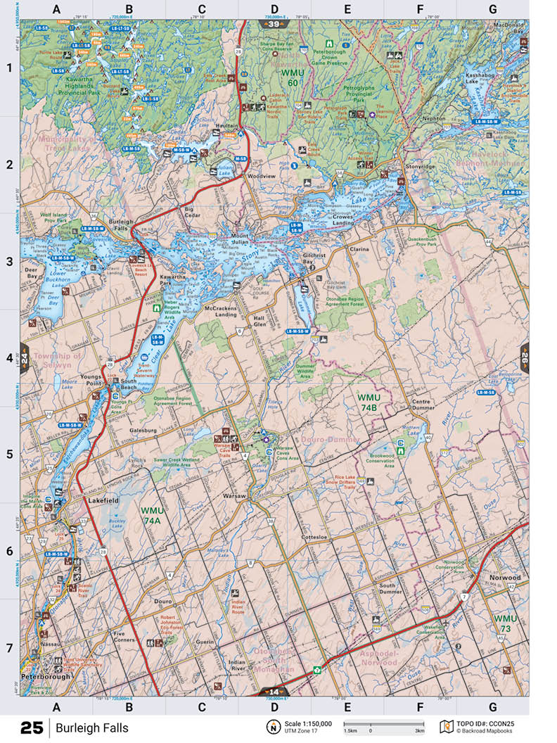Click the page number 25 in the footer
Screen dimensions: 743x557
(32, 728)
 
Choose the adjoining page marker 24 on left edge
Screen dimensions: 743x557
(24, 356)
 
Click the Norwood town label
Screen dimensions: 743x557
(505, 578)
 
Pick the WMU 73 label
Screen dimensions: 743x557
(505, 623)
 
